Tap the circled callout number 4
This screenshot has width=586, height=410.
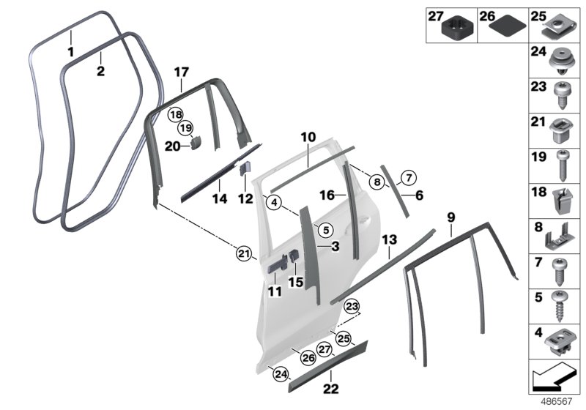point(273,203)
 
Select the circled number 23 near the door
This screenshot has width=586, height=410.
point(352,306)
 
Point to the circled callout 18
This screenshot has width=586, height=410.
point(175,115)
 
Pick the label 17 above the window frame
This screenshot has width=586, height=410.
point(181,72)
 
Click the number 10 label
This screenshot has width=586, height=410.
point(308,137)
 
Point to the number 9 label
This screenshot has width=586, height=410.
point(451,217)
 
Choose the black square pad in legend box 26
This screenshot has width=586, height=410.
point(504,26)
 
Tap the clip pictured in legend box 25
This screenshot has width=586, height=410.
point(562,26)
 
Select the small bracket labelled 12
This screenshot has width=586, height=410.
point(248,168)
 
